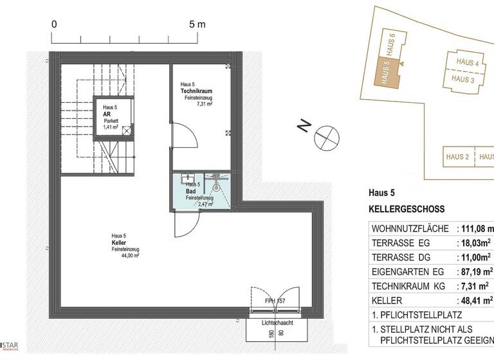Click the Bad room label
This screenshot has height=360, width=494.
pyautogui.click(x=191, y=192)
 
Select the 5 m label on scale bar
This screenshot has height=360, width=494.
pyautogui.click(x=197, y=24)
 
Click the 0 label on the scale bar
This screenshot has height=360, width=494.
pyautogui.click(x=55, y=24)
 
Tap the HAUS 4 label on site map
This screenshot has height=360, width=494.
pyautogui.click(x=468, y=63)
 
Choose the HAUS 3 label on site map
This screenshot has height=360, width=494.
pyautogui.click(x=463, y=79)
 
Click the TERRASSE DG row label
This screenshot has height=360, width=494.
pyautogui.click(x=401, y=257)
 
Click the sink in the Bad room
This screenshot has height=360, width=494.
pyautogui.click(x=188, y=177)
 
